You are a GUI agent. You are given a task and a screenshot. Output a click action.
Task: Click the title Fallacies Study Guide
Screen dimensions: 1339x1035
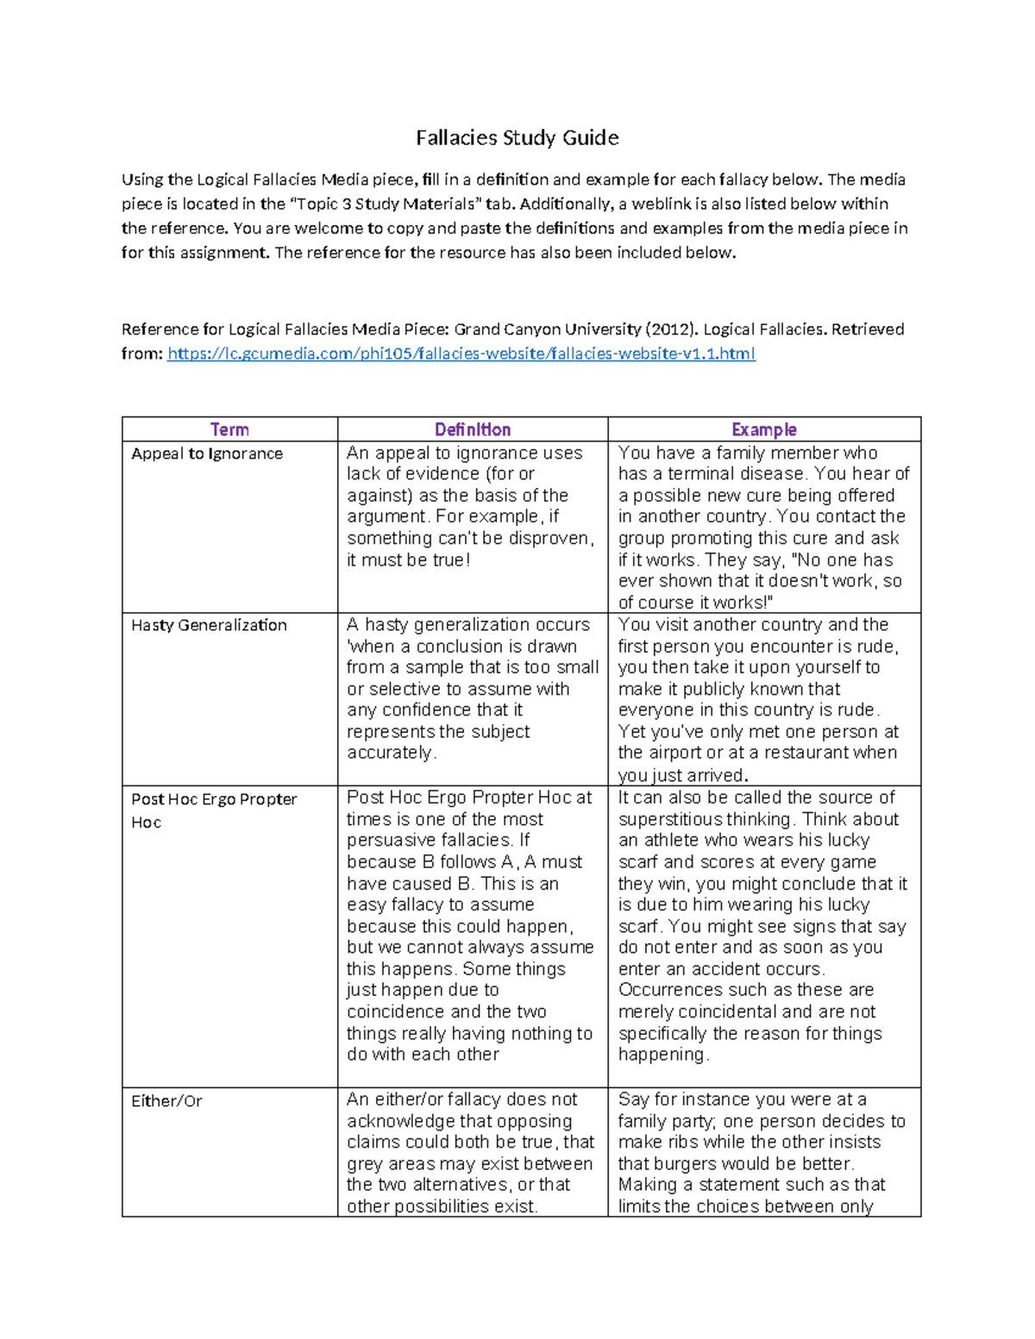(517, 138)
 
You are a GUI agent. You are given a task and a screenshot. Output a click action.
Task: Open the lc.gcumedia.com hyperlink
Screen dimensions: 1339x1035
(461, 354)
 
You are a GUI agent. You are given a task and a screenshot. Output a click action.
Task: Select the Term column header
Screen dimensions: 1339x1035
(229, 429)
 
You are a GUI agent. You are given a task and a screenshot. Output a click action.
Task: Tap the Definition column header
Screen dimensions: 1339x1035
(472, 429)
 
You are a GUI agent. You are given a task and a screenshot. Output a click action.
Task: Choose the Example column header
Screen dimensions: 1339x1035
(763, 429)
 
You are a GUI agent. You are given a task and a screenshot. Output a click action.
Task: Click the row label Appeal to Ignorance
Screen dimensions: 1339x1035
(207, 454)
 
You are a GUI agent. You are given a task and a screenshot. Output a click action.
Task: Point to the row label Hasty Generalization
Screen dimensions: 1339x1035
(209, 625)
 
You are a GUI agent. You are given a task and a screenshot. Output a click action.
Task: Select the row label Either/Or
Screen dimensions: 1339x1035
(166, 1101)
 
